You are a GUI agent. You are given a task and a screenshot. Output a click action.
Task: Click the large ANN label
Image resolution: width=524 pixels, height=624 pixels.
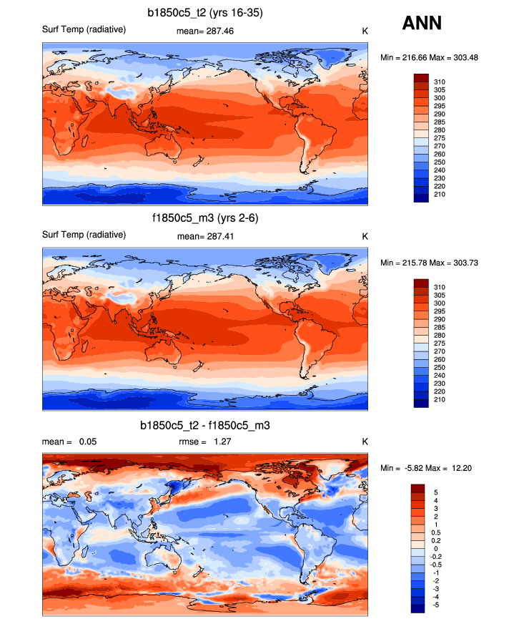(x=422, y=24)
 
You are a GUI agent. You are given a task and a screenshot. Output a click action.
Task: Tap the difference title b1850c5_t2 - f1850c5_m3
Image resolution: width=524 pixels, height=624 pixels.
(x=205, y=425)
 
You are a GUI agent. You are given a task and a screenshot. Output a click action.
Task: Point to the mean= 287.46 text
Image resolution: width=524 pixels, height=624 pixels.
(x=205, y=31)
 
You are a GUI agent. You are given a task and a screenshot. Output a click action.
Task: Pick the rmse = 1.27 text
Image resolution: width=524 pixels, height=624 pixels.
(x=204, y=442)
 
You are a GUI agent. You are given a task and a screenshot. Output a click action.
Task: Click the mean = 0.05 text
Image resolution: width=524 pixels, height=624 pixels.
(x=69, y=442)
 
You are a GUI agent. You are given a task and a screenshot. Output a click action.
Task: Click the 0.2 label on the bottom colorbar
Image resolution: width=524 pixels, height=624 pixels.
(x=438, y=540)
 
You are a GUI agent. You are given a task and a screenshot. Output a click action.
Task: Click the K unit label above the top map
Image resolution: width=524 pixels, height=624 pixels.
(x=365, y=31)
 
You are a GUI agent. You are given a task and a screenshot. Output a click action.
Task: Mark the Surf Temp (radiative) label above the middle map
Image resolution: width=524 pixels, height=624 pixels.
(x=84, y=234)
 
